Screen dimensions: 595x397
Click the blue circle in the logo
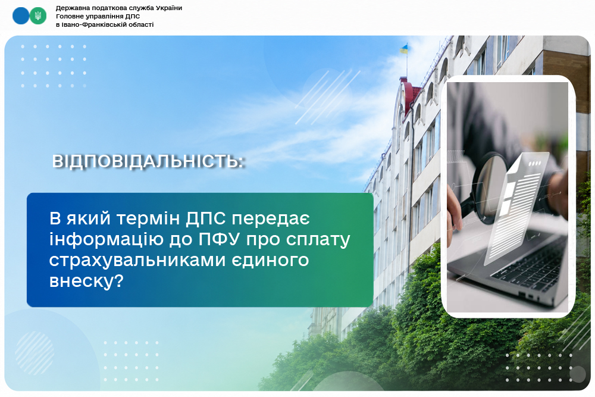21,16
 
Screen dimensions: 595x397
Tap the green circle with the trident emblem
38,16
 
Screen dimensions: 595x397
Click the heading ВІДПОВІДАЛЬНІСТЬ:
148,161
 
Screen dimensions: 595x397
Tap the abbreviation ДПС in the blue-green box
206,218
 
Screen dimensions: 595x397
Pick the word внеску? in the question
86,282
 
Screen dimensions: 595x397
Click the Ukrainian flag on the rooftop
404,49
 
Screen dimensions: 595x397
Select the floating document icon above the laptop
516,207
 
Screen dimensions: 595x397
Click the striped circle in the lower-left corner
35,353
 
